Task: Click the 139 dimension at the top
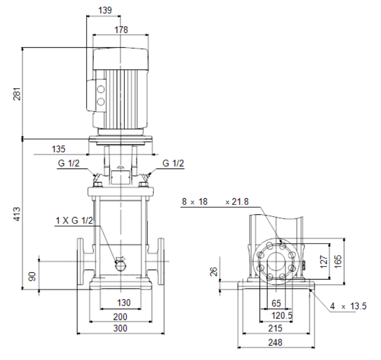pyautogui.click(x=105, y=10)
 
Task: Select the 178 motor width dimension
pyautogui.click(x=121, y=30)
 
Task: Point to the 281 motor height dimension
pyautogui.click(x=17, y=94)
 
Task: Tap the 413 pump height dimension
pyautogui.click(x=17, y=214)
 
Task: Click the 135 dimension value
pyautogui.click(x=58, y=149)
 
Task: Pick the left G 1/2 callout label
pyautogui.click(x=69, y=163)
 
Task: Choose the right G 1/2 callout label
pyautogui.click(x=173, y=163)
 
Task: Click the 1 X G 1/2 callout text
pyautogui.click(x=74, y=221)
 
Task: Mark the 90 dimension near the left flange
pyautogui.click(x=32, y=276)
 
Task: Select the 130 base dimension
pyautogui.click(x=124, y=302)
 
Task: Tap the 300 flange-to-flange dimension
pyautogui.click(x=120, y=328)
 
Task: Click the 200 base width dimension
pyautogui.click(x=120, y=317)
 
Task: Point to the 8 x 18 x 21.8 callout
pyautogui.click(x=216, y=202)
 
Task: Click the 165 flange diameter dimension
pyautogui.click(x=338, y=261)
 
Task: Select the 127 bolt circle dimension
pyautogui.click(x=324, y=262)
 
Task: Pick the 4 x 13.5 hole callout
pyautogui.click(x=348, y=306)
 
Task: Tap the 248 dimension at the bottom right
pyautogui.click(x=275, y=342)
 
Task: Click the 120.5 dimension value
pyautogui.click(x=282, y=316)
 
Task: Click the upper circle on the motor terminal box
pyautogui.click(x=101, y=89)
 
